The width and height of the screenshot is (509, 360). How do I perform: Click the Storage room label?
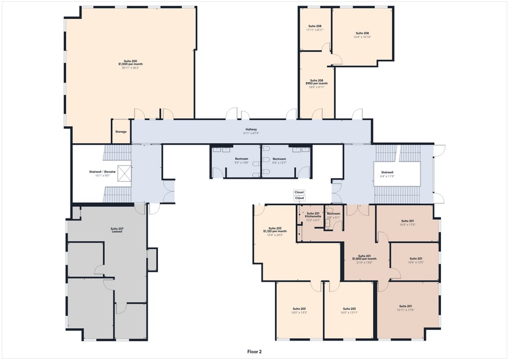(x=121, y=132)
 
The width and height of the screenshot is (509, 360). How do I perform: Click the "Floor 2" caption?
(x=254, y=351)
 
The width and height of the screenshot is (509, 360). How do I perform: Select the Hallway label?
(x=252, y=130)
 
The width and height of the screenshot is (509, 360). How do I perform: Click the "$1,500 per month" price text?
(x=130, y=64)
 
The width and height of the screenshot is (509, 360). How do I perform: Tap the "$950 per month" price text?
(x=317, y=83)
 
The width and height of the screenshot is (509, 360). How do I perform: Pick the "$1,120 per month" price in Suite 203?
(x=275, y=231)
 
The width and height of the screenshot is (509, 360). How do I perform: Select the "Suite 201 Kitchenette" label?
(x=313, y=215)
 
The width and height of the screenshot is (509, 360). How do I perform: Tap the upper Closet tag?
(x=299, y=192)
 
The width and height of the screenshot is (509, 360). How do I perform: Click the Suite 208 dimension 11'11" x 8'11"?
(x=314, y=29)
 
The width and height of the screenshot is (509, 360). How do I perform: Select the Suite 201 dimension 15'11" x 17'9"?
(x=405, y=309)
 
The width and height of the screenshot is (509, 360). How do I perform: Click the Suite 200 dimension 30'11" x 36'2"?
(x=130, y=67)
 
